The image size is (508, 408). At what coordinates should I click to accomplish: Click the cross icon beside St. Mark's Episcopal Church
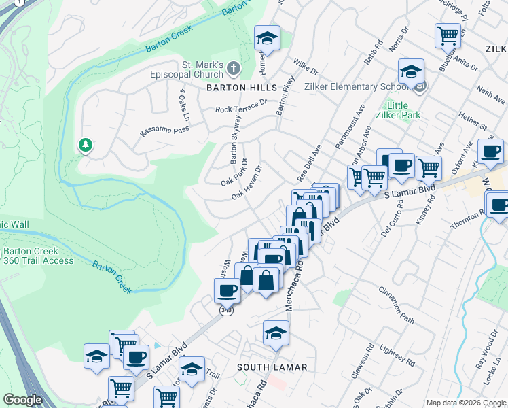[234, 68]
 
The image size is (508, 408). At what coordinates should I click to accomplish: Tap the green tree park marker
[86, 145]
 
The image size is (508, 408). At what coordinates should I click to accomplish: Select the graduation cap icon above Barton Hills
[267, 38]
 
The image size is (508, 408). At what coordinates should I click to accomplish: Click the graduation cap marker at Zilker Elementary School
[410, 71]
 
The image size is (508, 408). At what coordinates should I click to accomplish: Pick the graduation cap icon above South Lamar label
[276, 333]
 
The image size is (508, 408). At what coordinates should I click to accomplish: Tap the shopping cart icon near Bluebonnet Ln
[448, 35]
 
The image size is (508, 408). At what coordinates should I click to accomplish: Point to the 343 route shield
[227, 310]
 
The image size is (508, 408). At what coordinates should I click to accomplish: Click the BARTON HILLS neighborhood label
[242, 88]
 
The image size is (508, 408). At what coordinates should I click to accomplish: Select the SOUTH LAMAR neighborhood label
[272, 367]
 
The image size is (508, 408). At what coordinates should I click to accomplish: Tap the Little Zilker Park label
[403, 110]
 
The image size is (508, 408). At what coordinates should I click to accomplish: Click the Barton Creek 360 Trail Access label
[37, 256]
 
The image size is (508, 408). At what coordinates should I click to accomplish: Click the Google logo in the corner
[23, 400]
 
